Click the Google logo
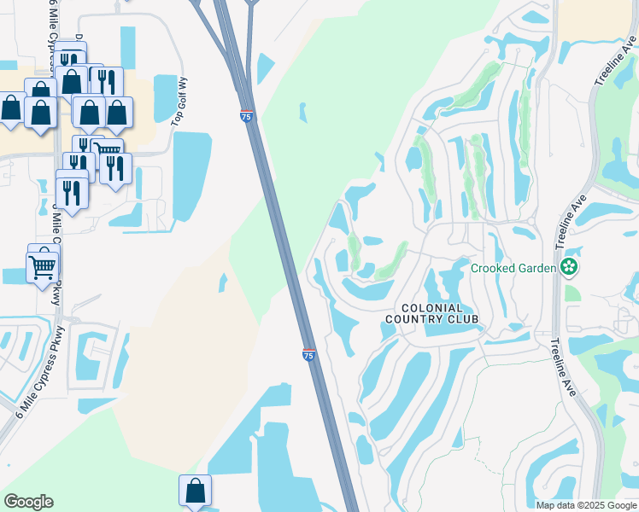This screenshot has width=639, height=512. pyautogui.click(x=28, y=502)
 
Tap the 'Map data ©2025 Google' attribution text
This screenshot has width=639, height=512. pyautogui.click(x=586, y=505)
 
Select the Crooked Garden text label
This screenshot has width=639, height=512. pyautogui.click(x=513, y=268)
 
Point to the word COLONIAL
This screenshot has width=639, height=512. pyautogui.click(x=431, y=308)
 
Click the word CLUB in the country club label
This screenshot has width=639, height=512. pyautogui.click(x=460, y=319)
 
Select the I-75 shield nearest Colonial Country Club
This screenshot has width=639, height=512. pyautogui.click(x=308, y=354)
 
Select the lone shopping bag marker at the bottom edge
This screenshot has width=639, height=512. pyautogui.click(x=195, y=490)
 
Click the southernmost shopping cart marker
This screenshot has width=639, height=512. pyautogui.click(x=42, y=267)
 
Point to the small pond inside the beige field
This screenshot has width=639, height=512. pyautogui.click(x=223, y=282)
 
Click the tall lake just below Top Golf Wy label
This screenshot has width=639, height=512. pyautogui.click(x=191, y=174)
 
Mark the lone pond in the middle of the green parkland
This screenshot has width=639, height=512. pyautogui.click(x=302, y=112)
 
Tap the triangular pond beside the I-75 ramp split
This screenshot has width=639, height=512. pyautogui.click(x=265, y=68)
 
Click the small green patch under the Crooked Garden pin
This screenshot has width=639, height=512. pyautogui.click(x=572, y=293)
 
